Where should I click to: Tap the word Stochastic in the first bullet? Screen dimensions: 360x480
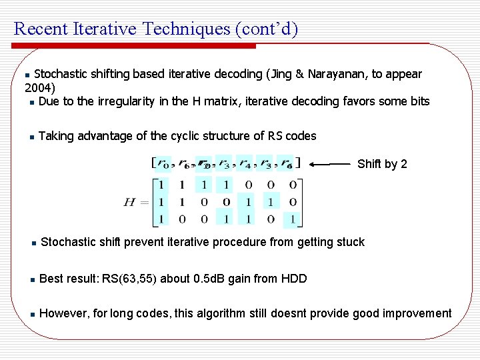point(63,73)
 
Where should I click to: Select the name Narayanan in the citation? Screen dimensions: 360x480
point(337,73)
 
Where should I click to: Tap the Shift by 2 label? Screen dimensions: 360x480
point(382,164)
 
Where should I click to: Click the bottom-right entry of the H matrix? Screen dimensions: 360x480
point(293,219)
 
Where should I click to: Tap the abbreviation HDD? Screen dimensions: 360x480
point(293,278)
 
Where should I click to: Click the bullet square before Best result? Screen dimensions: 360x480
point(31,279)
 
